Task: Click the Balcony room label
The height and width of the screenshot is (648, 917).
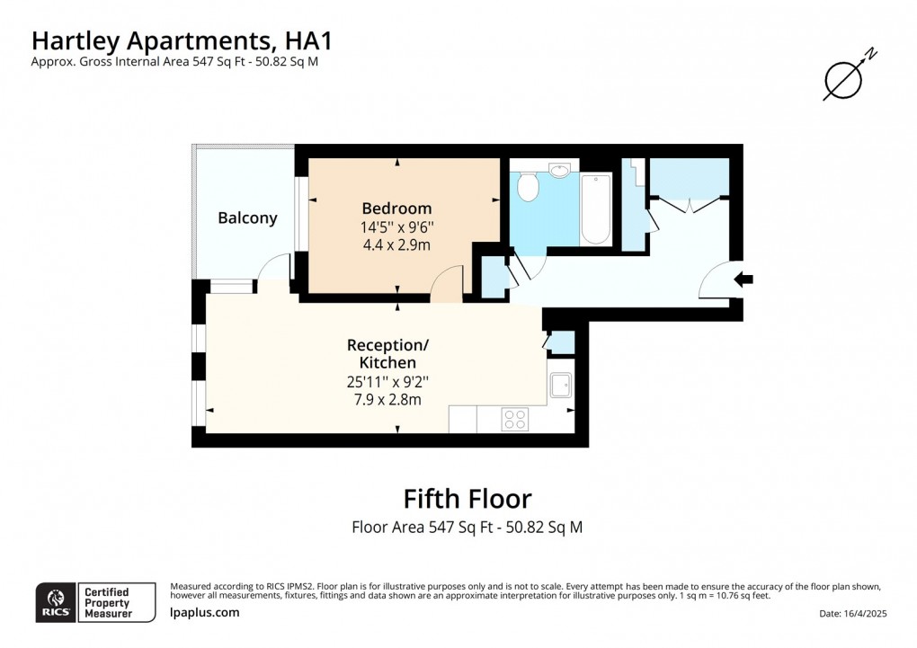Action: (247, 217)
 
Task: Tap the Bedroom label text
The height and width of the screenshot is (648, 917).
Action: (396, 209)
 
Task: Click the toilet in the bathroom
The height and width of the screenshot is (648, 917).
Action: (528, 188)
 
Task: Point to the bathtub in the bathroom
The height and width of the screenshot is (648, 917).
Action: (596, 209)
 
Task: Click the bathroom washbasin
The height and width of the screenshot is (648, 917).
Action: (560, 170)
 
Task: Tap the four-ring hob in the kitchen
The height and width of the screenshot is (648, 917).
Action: (515, 420)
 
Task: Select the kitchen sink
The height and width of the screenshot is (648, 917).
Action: (561, 385)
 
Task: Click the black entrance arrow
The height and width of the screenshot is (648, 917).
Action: (743, 280)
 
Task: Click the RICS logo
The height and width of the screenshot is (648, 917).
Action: (57, 602)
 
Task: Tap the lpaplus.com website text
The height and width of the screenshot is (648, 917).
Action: (204, 612)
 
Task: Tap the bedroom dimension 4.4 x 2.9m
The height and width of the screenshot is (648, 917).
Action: (396, 244)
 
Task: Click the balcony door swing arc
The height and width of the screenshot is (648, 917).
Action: (275, 267)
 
